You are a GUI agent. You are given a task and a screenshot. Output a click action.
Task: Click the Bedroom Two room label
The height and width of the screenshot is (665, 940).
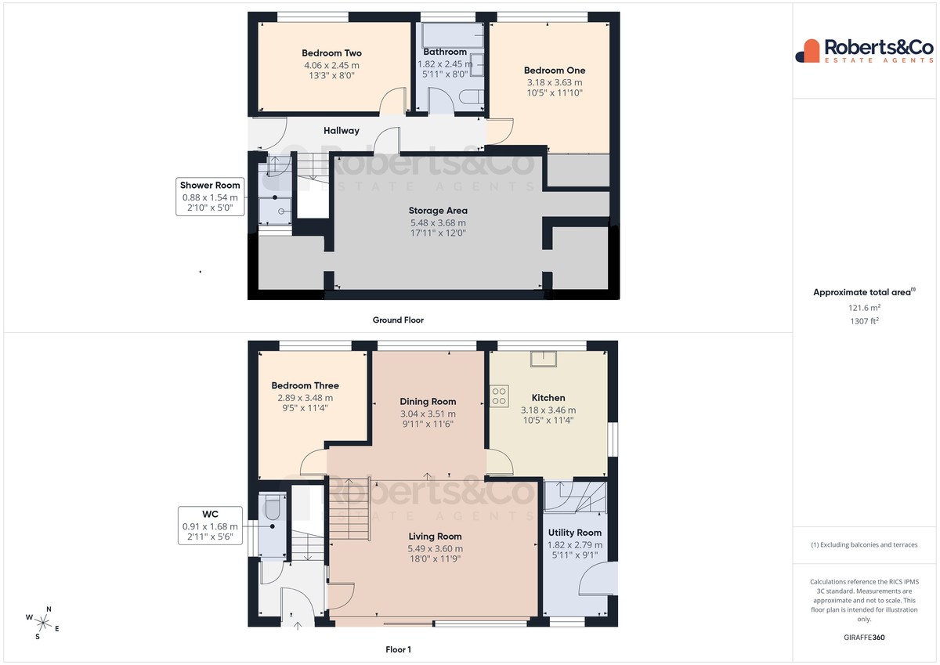pyautogui.click(x=331, y=52)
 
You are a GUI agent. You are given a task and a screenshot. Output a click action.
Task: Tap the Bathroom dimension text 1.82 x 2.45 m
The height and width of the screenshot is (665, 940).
pyautogui.click(x=445, y=64)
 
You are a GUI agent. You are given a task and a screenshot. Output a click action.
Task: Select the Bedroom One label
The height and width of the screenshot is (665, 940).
pyautogui.click(x=555, y=70)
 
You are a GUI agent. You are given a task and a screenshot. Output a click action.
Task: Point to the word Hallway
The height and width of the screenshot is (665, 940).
pyautogui.click(x=342, y=131)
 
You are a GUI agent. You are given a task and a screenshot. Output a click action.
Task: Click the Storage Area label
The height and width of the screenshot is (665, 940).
pyautogui.click(x=438, y=211)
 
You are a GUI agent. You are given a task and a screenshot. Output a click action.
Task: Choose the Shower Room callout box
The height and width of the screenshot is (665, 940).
pyautogui.click(x=210, y=197)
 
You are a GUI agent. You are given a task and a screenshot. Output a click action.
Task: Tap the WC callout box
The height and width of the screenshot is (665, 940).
pyautogui.click(x=210, y=526)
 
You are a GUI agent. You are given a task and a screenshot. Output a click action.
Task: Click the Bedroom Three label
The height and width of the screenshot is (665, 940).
pyautogui.click(x=305, y=385)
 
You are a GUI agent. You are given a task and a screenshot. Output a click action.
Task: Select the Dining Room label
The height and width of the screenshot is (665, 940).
pyautogui.click(x=428, y=402)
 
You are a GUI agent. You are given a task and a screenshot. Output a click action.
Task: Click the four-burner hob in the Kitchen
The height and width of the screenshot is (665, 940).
pyautogui.click(x=499, y=396)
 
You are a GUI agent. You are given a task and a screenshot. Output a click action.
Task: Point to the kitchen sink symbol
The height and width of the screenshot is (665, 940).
pyautogui.click(x=544, y=360)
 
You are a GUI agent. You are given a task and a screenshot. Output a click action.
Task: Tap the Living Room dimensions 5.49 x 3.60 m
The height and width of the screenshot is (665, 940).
pyautogui.click(x=436, y=548)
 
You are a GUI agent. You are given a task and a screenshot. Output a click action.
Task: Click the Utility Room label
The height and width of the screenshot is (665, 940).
pyautogui.click(x=574, y=533)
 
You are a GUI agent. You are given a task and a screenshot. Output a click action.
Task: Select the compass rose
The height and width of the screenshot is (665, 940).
pyautogui.click(x=43, y=623)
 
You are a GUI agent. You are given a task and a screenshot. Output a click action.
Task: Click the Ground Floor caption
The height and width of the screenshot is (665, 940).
pyautogui.click(x=398, y=320)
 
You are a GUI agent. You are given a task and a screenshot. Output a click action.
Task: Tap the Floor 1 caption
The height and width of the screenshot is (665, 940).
pyautogui.click(x=398, y=649)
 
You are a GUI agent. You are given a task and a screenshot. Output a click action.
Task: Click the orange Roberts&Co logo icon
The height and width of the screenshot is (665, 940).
pyautogui.click(x=808, y=51)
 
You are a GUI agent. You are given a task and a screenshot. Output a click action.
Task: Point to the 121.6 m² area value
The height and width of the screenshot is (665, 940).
pyautogui.click(x=864, y=308)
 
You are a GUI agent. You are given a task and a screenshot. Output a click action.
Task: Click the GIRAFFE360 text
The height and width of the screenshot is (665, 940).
pyautogui.click(x=864, y=638)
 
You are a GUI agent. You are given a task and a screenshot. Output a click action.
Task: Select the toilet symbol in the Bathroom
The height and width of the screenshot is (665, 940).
pyautogui.click(x=472, y=97)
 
